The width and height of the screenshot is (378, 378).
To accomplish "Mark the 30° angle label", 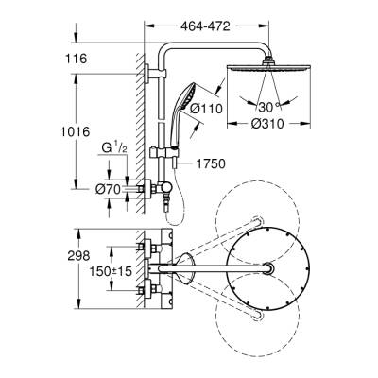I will pyautogui.click(x=272, y=106).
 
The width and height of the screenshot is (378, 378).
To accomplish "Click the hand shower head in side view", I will pyautogui.click(x=185, y=97).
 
